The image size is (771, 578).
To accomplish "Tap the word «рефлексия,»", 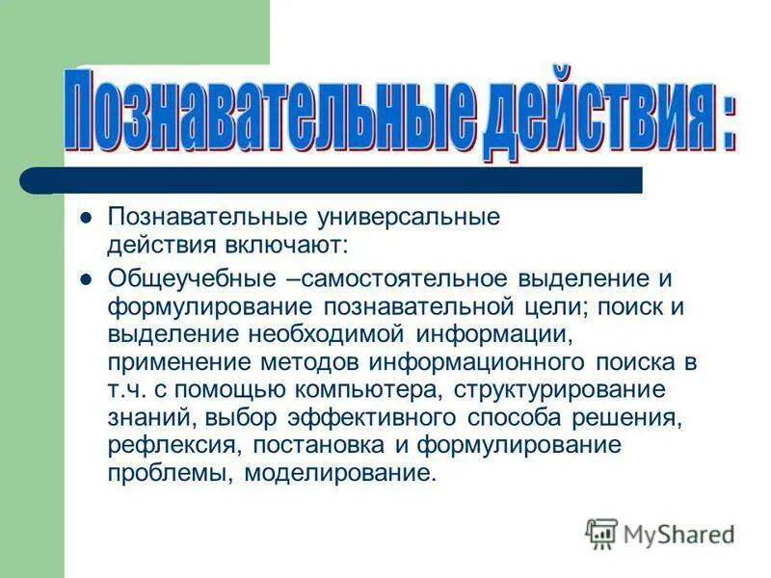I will (x=163, y=446).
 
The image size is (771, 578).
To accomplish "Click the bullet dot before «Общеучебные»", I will (x=85, y=279).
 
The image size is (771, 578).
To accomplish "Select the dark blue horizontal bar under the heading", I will (x=347, y=180).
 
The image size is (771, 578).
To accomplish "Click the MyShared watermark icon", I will (x=601, y=533).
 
